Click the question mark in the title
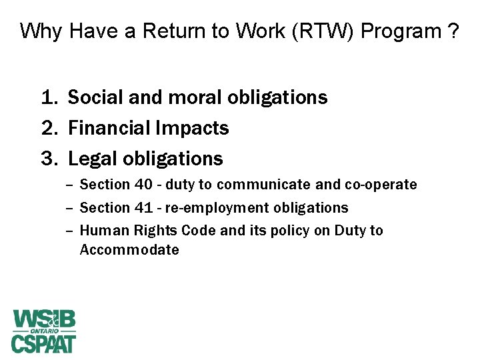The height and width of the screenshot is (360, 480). coord(453,31)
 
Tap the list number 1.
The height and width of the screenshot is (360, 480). coord(48,98)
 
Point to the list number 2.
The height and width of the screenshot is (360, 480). coord(48,128)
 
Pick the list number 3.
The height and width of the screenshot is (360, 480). coord(48,159)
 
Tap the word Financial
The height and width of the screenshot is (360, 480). coord(110,128)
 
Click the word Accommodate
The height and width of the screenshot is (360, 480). coord(129,250)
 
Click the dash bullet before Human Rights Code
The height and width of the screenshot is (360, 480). coord(70,231)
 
